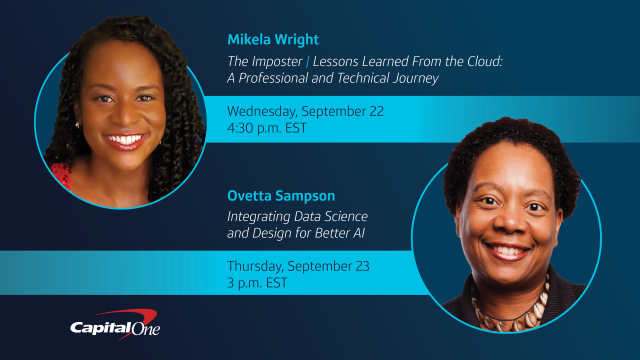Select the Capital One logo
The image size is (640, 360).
point(114,327)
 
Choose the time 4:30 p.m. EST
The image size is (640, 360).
point(268,127)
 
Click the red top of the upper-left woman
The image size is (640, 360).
point(63,177)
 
